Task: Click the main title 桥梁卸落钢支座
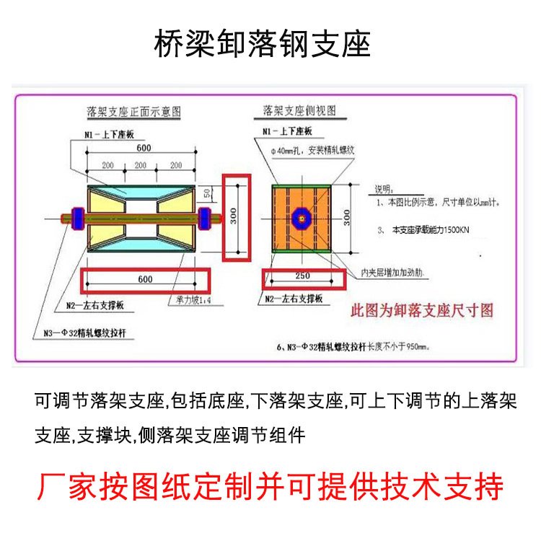point(263,45)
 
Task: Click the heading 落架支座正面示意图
point(133,113)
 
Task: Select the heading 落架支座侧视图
point(299,112)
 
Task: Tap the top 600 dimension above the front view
point(144,148)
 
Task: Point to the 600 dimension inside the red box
point(145,279)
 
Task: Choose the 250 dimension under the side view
point(301,277)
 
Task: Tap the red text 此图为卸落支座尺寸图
point(422,312)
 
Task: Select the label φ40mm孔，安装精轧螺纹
point(312,150)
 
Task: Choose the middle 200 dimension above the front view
point(144,165)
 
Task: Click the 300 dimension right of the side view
point(346,216)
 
